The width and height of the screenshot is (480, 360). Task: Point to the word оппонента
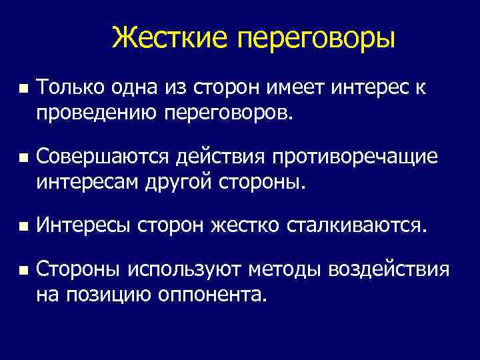pyautogui.click(x=213, y=294)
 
